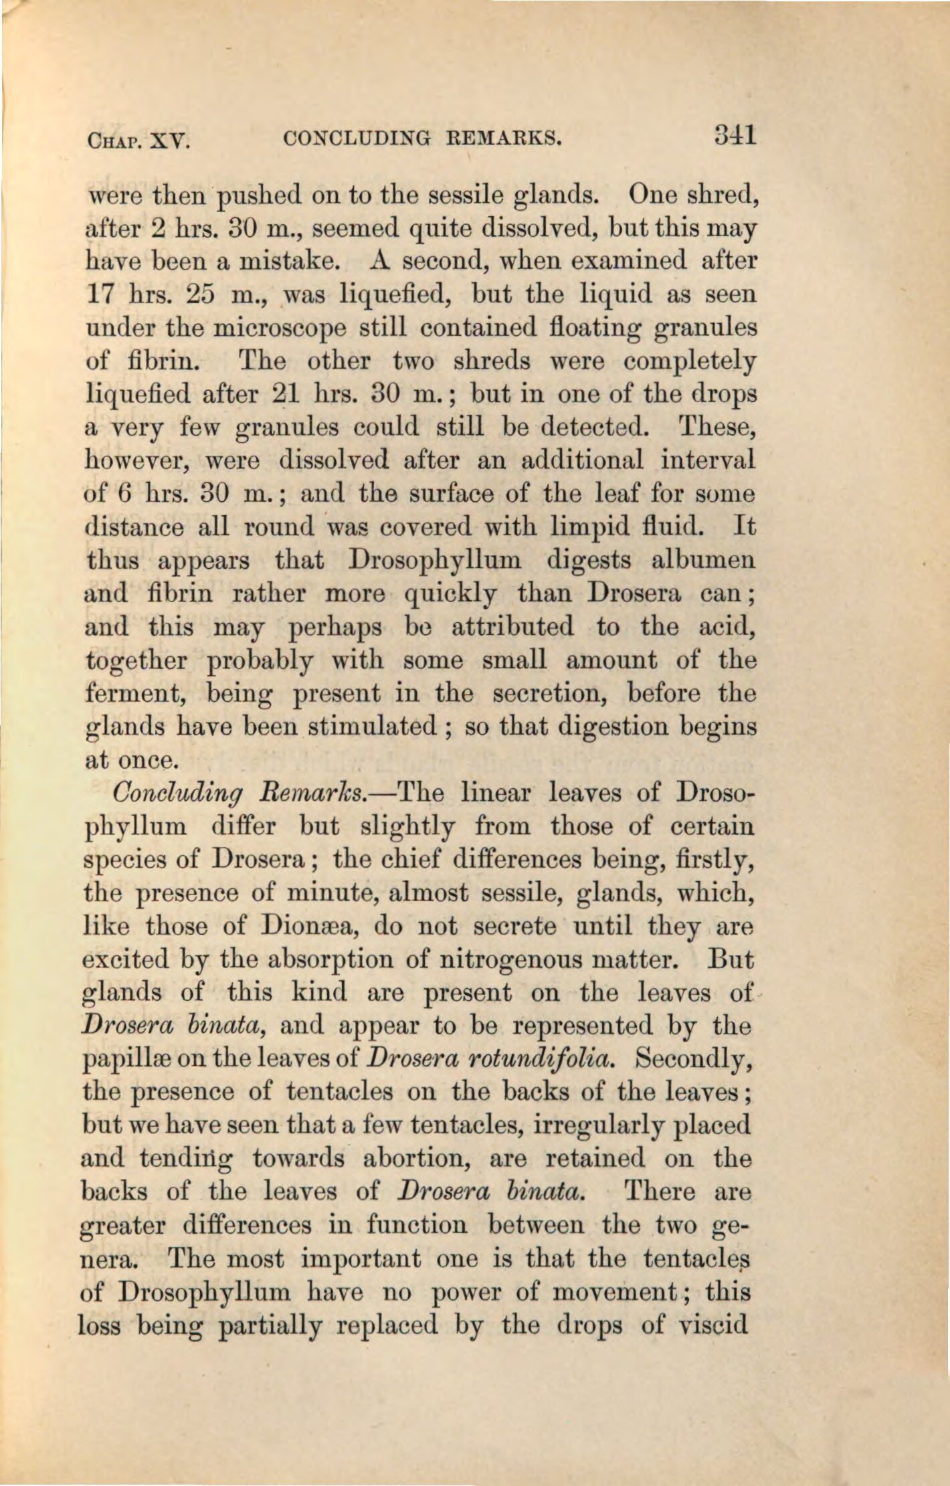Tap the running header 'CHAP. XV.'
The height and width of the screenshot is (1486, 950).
coord(138,141)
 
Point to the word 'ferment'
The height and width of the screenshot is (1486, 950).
coord(136,693)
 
